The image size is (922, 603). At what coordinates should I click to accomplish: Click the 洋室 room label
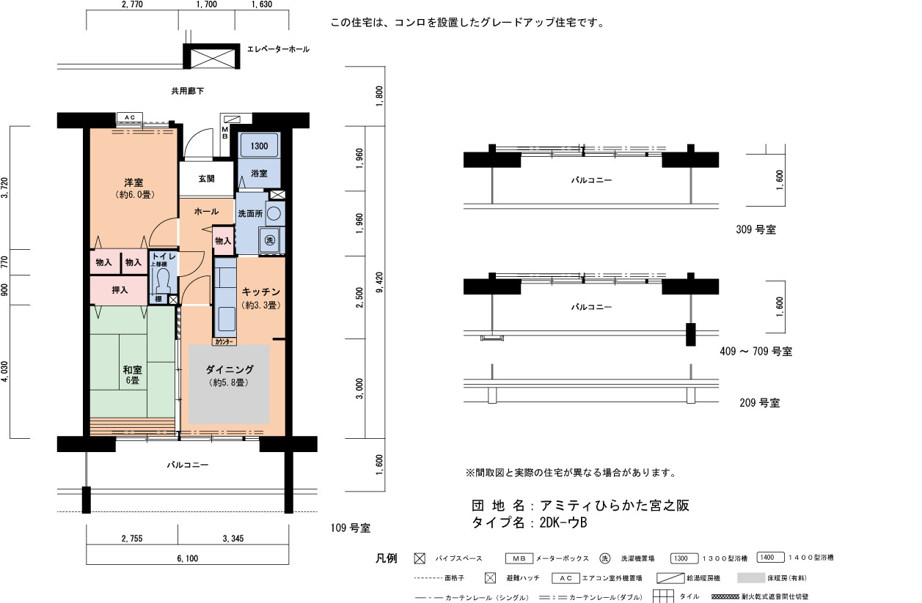(133, 182)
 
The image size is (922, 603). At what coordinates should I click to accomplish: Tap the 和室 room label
(132, 370)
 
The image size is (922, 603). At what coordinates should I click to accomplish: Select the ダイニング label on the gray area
(230, 369)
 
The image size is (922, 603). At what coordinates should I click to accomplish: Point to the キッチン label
(261, 292)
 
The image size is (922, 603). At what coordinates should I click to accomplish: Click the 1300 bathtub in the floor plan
(260, 146)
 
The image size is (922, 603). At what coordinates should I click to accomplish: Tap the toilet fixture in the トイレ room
(164, 278)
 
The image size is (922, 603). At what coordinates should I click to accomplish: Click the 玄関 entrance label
(206, 179)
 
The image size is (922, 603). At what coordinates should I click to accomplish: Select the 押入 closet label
(120, 290)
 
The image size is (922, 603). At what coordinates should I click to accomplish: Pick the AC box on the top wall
(130, 117)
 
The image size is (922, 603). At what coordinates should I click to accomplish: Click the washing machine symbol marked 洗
(270, 240)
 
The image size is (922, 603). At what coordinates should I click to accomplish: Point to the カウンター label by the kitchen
(224, 341)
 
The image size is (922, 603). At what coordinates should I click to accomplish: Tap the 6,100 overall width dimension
(188, 558)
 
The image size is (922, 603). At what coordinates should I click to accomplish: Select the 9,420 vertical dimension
(379, 282)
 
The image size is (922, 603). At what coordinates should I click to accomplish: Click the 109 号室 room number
(351, 528)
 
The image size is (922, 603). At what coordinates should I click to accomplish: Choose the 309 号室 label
(756, 229)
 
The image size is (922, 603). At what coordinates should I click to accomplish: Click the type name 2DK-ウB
(563, 522)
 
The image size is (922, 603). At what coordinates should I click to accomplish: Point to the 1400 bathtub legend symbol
(771, 558)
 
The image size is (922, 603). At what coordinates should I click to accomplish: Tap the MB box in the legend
(519, 558)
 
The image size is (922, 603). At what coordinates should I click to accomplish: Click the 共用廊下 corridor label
(188, 91)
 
